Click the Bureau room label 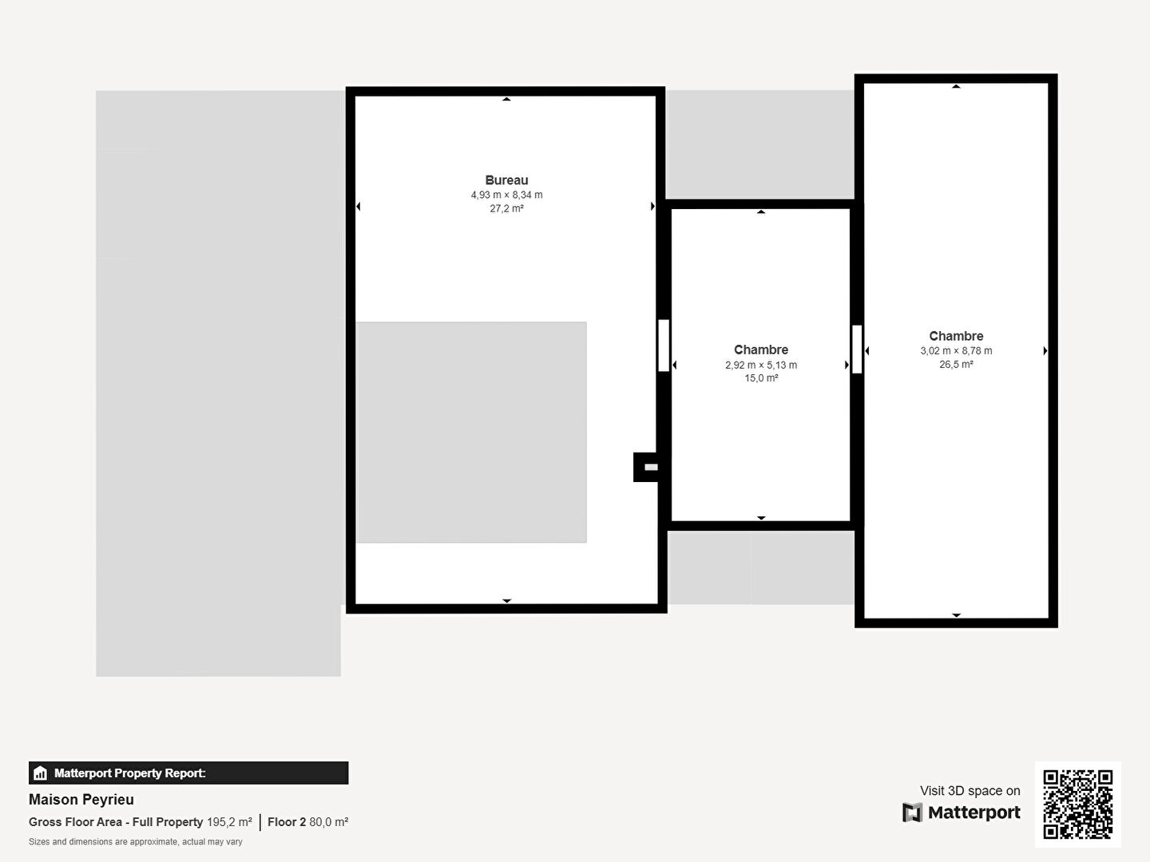coord(506,180)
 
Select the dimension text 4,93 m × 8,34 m coord(506,195)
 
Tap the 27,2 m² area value coord(506,208)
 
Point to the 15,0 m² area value coord(761,378)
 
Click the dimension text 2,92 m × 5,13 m coord(761,365)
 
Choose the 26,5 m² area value coord(956,364)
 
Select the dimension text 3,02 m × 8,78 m coord(956,350)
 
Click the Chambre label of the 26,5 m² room coord(956,336)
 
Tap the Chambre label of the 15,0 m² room coord(761,350)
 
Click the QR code coord(1077,805)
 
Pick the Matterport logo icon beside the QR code coord(912,813)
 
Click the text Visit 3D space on coord(970,791)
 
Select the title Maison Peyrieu coord(81,800)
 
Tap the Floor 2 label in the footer coord(287,822)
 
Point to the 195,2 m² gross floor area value coord(229,822)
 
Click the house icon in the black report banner coord(41,773)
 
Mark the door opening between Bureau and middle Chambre coord(664,346)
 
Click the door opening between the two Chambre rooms coord(857,349)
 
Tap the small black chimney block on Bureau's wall coord(646,467)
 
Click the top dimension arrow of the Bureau coord(506,99)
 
